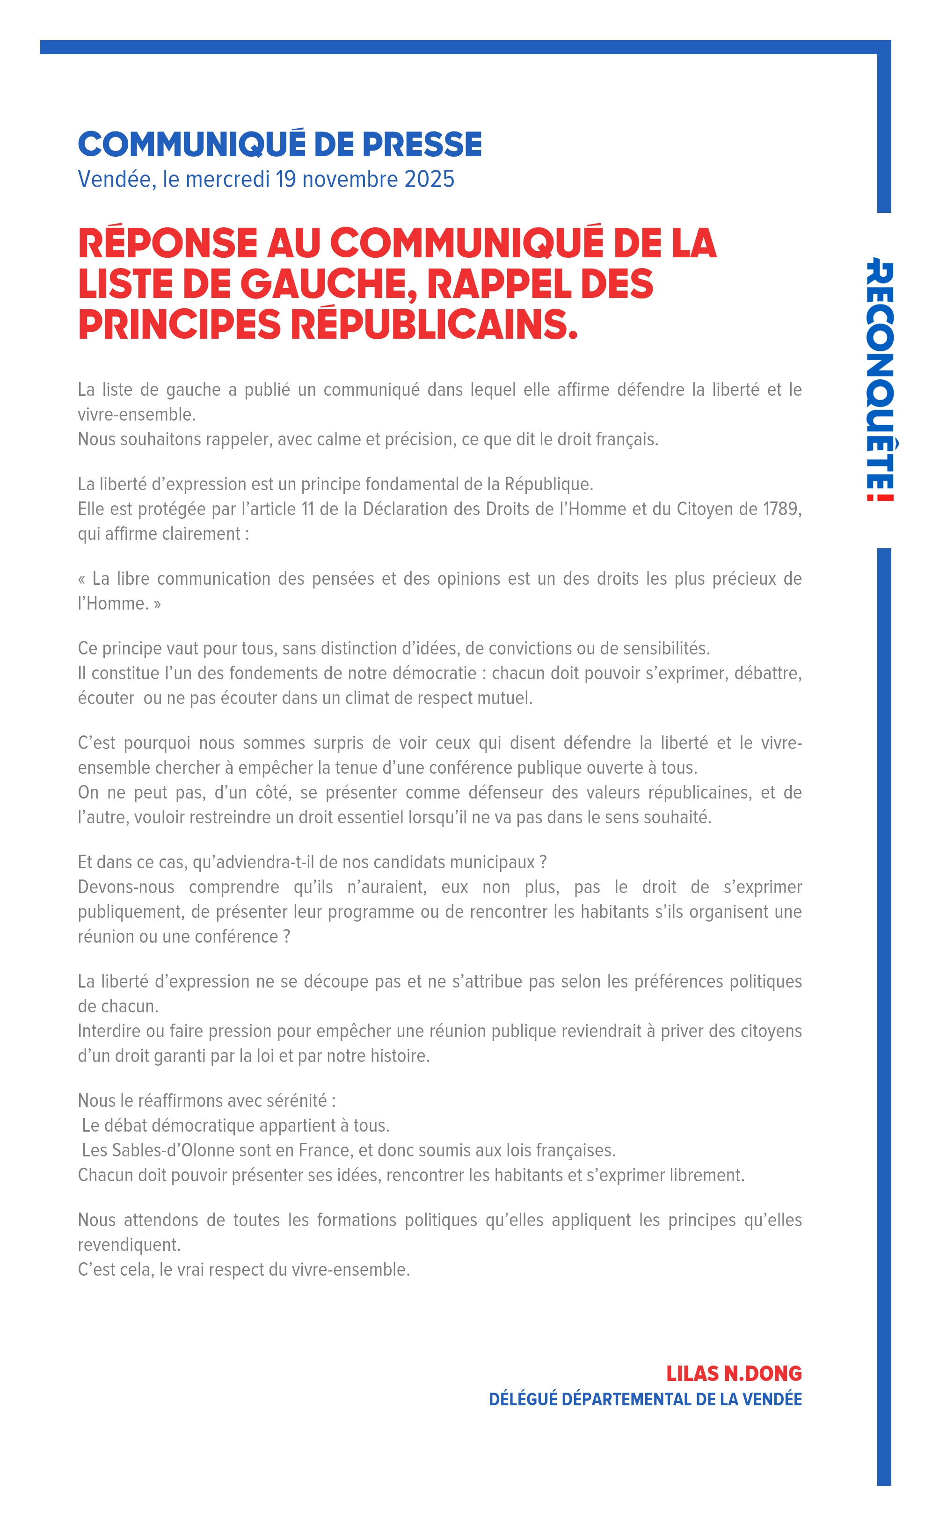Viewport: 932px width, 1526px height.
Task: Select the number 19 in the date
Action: [x=285, y=179]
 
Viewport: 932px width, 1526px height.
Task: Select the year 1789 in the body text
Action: [x=781, y=509]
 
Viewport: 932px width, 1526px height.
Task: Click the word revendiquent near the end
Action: [x=129, y=1245]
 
